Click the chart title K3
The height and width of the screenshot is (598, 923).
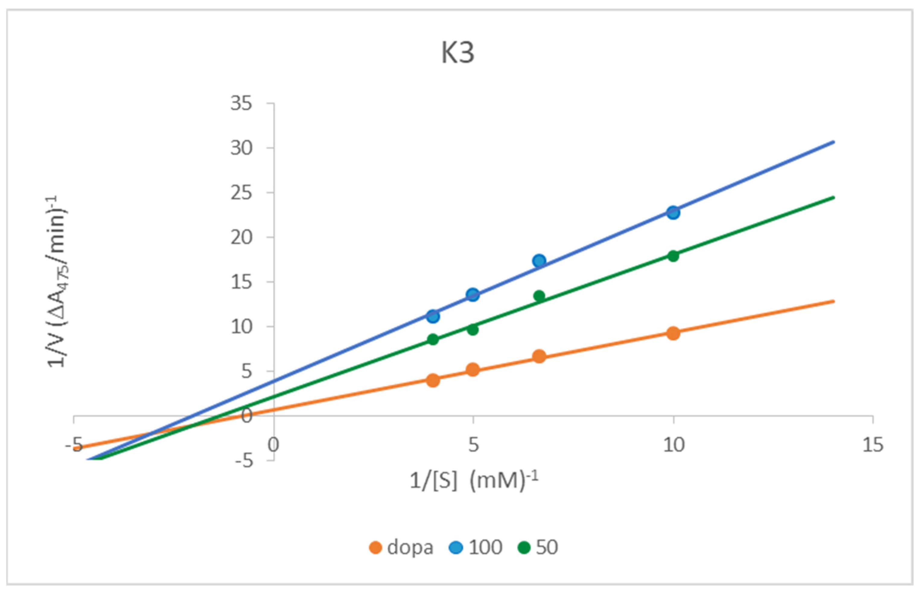(458, 53)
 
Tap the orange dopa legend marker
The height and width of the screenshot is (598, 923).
(375, 547)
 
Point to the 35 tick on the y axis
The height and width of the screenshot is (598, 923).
(241, 103)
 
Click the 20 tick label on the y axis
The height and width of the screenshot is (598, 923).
(241, 237)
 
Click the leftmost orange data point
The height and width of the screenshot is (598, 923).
(433, 380)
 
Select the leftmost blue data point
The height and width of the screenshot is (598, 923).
(433, 316)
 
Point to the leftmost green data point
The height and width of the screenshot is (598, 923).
(433, 339)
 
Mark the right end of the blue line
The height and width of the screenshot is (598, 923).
(834, 142)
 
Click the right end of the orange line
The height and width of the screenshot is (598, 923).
(834, 301)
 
